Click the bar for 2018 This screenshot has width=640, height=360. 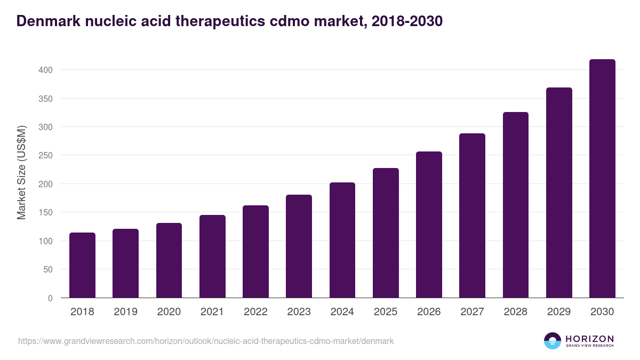[82, 265]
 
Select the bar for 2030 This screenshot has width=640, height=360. [602, 179]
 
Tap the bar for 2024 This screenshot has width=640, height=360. [342, 240]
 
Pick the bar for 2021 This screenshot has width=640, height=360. [212, 257]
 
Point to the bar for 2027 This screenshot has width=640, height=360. [472, 215]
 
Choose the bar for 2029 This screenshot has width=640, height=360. [559, 193]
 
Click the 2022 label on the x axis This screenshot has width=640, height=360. [255, 312]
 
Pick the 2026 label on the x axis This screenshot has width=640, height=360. [429, 312]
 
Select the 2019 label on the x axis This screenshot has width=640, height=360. [125, 312]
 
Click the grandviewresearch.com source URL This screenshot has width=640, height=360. [206, 341]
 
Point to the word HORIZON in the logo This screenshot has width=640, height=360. [589, 339]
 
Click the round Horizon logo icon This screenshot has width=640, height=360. [553, 341]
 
